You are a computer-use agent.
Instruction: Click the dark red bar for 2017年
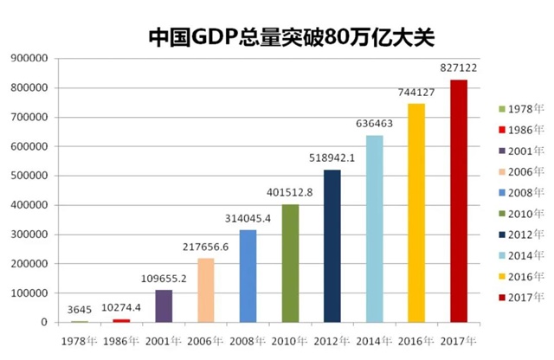[x=459, y=201]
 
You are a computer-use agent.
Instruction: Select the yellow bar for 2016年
[x=416, y=213]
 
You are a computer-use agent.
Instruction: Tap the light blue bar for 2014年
[x=375, y=228]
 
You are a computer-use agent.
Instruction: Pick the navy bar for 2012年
[x=332, y=246]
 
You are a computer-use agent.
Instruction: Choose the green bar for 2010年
[x=291, y=263]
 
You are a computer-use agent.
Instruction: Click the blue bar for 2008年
[x=248, y=276]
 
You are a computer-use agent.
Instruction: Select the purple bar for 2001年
[x=164, y=305]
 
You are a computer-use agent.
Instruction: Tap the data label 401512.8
[x=291, y=190]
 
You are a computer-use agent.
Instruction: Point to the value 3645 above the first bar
[x=79, y=308]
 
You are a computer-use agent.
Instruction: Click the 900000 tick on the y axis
[x=29, y=58]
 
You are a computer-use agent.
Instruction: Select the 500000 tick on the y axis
[x=29, y=176]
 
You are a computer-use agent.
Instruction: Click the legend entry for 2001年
[x=516, y=150]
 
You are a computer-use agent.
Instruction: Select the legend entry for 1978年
[x=516, y=108]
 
